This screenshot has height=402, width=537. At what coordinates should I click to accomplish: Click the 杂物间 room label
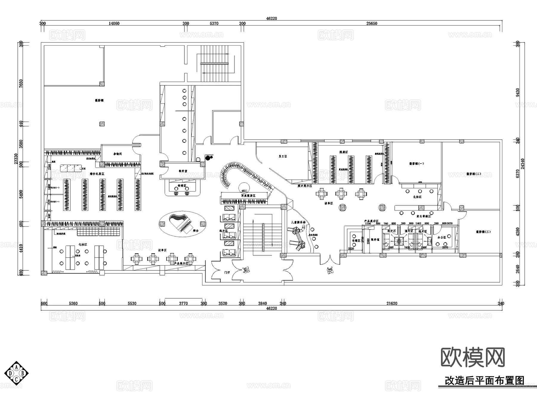click(117, 154)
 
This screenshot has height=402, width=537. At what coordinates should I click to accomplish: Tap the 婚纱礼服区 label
click(97, 173)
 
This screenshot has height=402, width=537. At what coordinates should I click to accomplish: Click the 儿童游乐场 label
click(298, 222)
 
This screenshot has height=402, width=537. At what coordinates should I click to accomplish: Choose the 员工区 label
click(283, 156)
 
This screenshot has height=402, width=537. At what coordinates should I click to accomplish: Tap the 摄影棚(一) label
click(416, 164)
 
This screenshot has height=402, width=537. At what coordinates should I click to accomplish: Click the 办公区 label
click(442, 237)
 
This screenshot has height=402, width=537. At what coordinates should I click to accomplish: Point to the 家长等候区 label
click(424, 216)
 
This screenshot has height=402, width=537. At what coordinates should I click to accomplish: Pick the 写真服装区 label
click(248, 195)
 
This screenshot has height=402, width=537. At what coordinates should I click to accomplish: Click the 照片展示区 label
click(304, 186)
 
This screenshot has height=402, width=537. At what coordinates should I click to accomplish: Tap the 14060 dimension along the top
click(114, 23)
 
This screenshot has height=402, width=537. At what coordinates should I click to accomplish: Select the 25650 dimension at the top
click(372, 23)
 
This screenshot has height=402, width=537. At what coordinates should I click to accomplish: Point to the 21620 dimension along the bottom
click(392, 304)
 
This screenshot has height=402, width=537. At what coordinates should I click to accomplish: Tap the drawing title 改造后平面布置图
click(484, 381)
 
